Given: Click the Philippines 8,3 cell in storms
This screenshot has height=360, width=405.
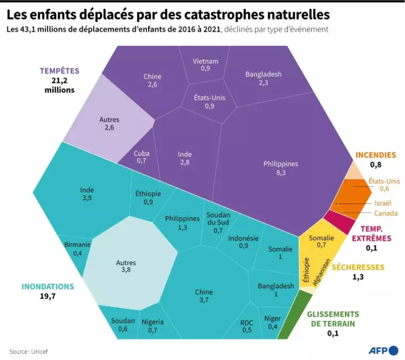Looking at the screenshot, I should tap(280, 168).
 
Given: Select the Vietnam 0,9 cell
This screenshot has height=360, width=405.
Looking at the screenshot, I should tap(205, 64).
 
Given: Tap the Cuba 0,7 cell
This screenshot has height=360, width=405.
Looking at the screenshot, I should tap(141, 157).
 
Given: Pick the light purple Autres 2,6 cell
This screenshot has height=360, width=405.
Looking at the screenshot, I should tap(109, 124).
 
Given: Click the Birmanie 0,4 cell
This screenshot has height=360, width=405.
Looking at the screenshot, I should tap(77, 249).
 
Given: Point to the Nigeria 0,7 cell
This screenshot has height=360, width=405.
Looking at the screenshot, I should tap(152, 325).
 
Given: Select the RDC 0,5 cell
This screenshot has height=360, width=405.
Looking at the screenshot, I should tap(246, 326).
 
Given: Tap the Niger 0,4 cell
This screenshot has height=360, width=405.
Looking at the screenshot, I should tap(272, 322).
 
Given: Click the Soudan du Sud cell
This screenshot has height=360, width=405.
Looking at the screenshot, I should tap(217, 223).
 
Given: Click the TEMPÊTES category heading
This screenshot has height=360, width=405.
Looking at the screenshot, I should tap(59, 71).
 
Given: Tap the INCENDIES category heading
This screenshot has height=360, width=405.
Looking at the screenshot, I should tap(376, 156).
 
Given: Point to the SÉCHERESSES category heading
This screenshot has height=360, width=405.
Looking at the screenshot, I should tap(358, 267).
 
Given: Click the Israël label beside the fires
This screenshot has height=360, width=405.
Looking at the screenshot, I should tap(383, 203).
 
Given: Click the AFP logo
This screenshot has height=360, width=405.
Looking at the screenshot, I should tap(383, 350).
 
